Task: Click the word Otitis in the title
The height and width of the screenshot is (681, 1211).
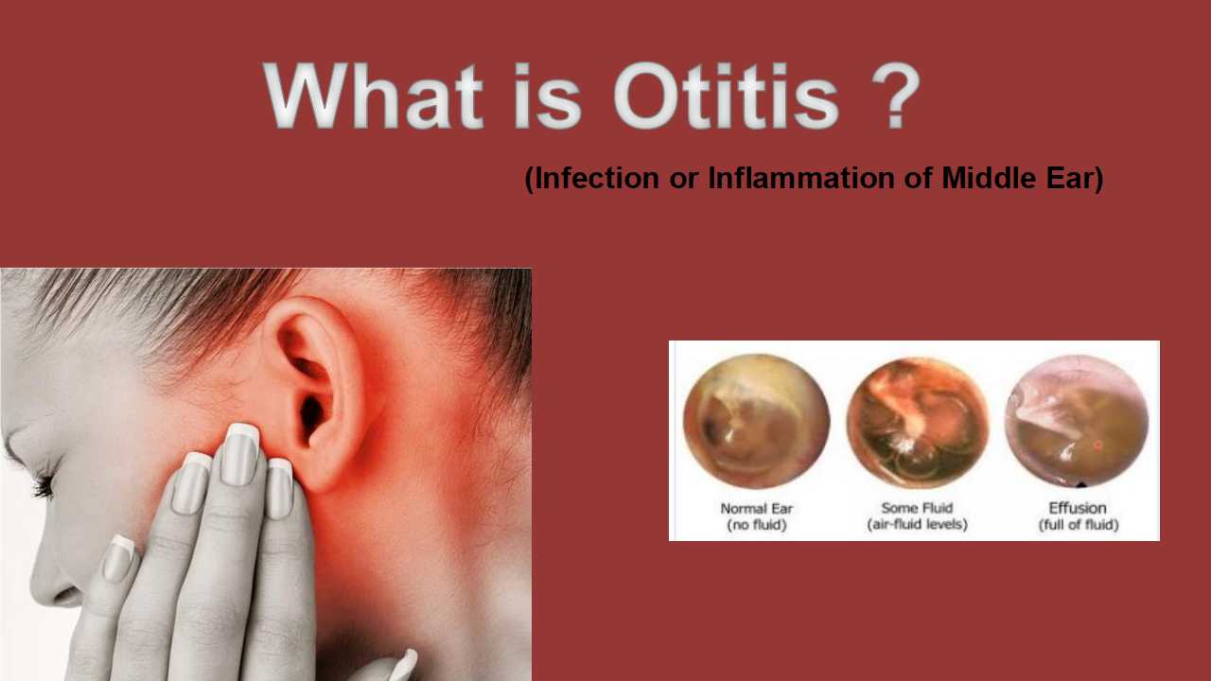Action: [726, 96]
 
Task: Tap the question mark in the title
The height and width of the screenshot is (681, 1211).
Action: [895, 96]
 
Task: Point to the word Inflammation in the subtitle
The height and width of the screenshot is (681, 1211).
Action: [801, 178]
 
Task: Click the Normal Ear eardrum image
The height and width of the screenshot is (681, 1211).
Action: [756, 421]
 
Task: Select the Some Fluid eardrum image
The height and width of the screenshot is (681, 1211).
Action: [918, 422]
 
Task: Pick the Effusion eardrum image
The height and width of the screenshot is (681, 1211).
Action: [1077, 421]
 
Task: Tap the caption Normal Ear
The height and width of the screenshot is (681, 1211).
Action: [756, 509]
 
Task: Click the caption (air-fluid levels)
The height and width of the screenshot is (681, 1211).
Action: [917, 525]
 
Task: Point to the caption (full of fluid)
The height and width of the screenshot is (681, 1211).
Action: [1078, 525]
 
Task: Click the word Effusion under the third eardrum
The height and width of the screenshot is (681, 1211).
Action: [1078, 508]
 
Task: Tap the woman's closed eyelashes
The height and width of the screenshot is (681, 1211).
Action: [44, 483]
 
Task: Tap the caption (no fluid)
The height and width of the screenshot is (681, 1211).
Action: [756, 525]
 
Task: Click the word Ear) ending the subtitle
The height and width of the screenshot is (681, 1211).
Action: [1075, 178]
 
